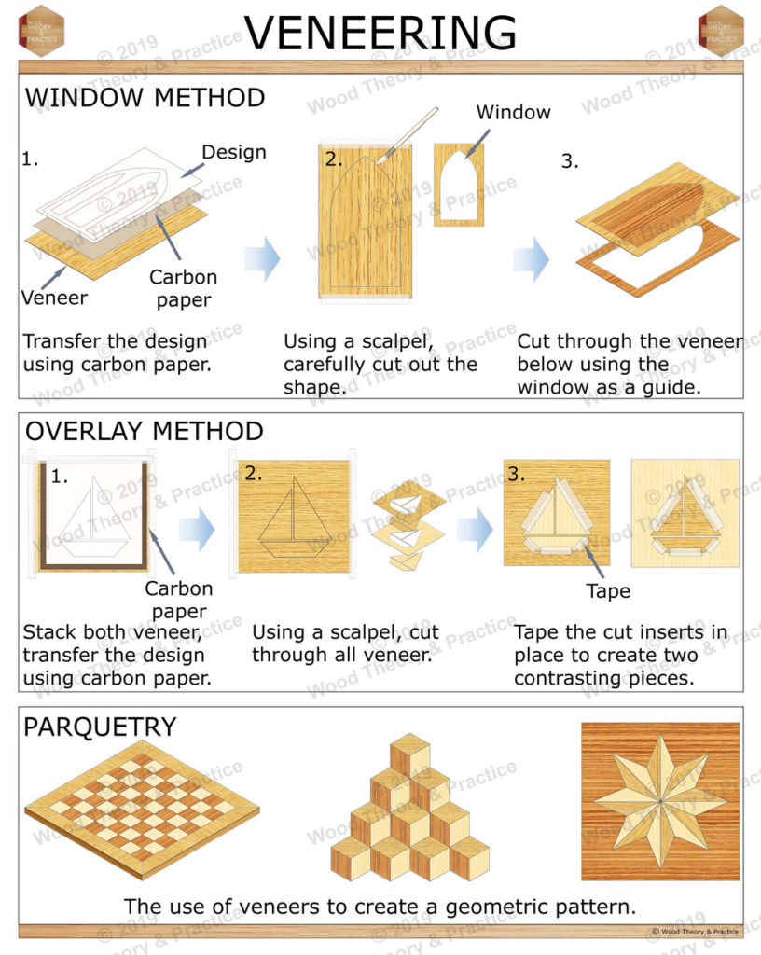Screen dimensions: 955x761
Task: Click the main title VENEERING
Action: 380,33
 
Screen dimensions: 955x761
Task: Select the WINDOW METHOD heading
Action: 145,98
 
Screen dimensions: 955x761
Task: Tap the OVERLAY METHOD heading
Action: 144,431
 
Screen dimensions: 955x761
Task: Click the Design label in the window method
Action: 234,152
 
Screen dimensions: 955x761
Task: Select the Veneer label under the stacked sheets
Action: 54,298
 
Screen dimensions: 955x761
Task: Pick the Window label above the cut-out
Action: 513,112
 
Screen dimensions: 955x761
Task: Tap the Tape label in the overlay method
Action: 608,591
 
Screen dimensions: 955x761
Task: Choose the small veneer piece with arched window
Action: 459,184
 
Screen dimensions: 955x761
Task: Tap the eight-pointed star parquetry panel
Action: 659,801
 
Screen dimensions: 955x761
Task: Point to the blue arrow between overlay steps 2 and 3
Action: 475,530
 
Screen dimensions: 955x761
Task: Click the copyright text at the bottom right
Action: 694,931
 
